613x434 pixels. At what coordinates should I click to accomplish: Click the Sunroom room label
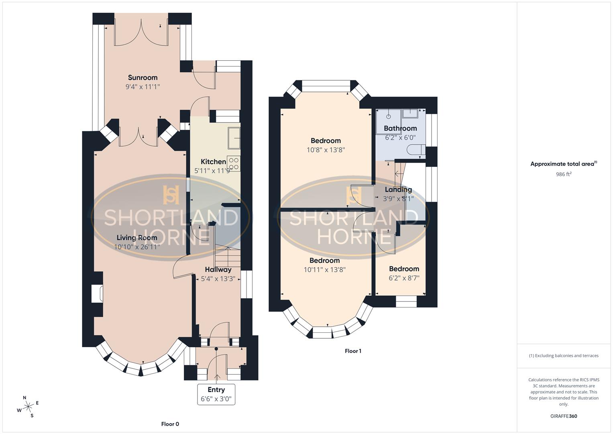pyautogui.click(x=143, y=78)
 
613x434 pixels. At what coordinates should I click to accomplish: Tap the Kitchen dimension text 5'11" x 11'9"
pyautogui.click(x=213, y=171)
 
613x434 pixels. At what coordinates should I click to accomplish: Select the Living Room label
pyautogui.click(x=137, y=237)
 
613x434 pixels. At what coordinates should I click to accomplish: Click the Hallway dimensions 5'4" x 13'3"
pyautogui.click(x=218, y=278)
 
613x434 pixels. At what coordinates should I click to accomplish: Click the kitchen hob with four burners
pyautogui.click(x=234, y=163)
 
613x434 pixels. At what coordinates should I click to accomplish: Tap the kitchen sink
pyautogui.click(x=234, y=138)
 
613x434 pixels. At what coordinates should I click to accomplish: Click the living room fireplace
pyautogui.click(x=97, y=294)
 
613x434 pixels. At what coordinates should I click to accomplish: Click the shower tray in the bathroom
pyautogui.click(x=388, y=121)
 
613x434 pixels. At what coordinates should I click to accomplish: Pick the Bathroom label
pyautogui.click(x=400, y=128)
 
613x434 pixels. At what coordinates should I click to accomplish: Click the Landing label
pyautogui.click(x=398, y=189)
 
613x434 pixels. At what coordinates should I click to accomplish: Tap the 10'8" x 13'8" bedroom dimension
pyautogui.click(x=326, y=150)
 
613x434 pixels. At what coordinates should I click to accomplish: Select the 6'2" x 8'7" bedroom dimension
pyautogui.click(x=404, y=278)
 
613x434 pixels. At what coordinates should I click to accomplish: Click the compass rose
pyautogui.click(x=28, y=407)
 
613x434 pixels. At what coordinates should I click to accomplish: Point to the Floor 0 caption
pyautogui.click(x=170, y=424)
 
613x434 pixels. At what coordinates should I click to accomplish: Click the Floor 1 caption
pyautogui.click(x=353, y=351)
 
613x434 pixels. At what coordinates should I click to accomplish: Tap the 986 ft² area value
pyautogui.click(x=564, y=174)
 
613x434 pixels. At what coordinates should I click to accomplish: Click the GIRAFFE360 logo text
pyautogui.click(x=564, y=416)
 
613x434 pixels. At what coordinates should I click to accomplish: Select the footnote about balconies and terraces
pyautogui.click(x=564, y=356)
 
